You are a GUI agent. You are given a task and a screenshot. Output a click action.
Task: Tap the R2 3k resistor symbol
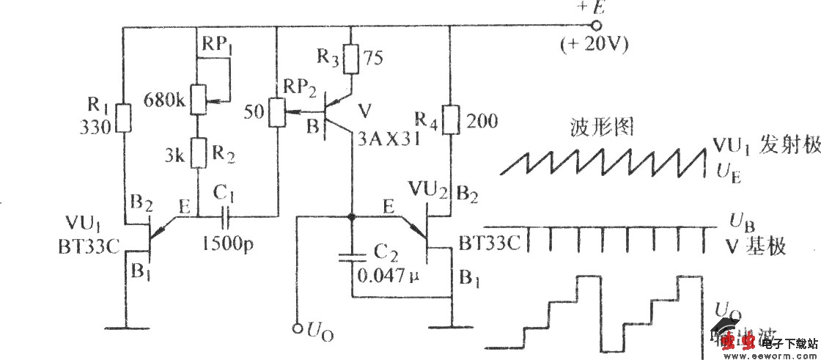197,155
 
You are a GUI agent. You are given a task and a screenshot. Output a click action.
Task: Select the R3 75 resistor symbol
352,59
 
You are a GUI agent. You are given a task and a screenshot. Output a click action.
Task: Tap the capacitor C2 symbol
352,259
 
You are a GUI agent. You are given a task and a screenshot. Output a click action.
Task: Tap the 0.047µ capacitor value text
387,276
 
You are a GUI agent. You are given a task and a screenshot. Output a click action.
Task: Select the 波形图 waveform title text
601,129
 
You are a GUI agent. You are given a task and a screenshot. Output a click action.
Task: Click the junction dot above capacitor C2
352,217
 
